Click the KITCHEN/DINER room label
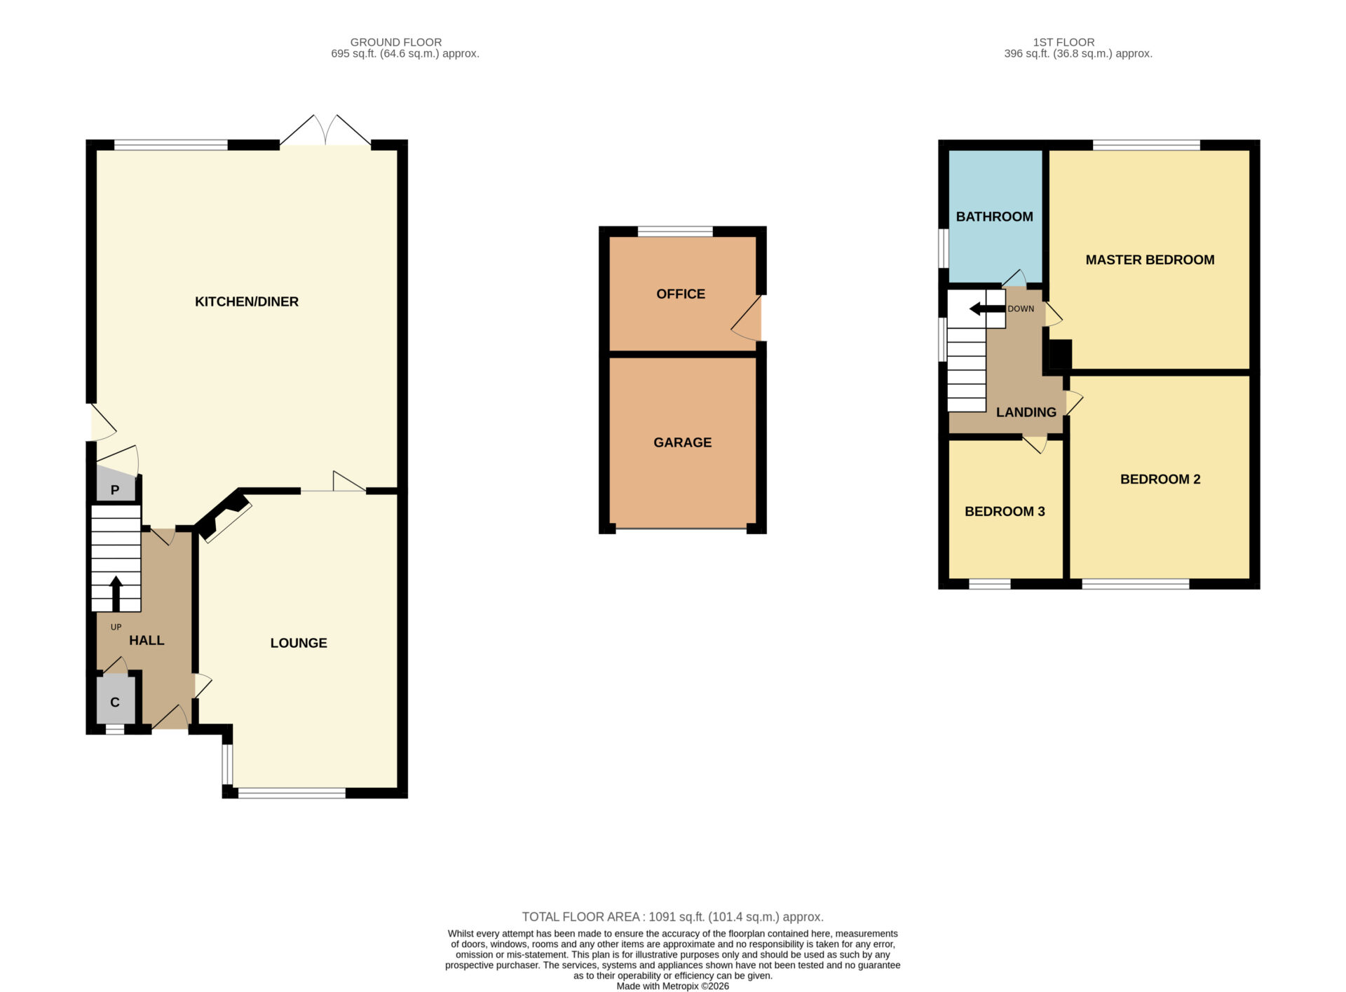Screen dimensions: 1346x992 coord(247,301)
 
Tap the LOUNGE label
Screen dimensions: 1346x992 coord(299,643)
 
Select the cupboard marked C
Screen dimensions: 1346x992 coord(115,700)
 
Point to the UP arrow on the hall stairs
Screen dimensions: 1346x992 coord(116,593)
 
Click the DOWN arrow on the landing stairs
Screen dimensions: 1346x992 coord(987,308)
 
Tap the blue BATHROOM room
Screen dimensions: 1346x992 coord(995,216)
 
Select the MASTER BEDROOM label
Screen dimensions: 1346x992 coord(1150,260)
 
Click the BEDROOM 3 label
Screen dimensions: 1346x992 coord(1005,512)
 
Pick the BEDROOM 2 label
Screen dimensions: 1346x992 coord(1160,480)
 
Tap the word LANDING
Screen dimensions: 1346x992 coord(1026,412)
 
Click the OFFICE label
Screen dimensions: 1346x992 coord(681,294)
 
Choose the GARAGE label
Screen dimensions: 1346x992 coord(683,442)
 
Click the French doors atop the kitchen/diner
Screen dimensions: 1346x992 coord(326,131)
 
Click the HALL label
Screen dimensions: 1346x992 coord(147,640)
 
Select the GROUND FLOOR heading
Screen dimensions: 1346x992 coord(396,42)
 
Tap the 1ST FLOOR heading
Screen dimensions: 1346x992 coord(1063,42)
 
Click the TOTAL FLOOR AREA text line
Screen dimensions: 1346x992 coord(673,917)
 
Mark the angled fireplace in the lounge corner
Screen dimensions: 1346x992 coord(224,516)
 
